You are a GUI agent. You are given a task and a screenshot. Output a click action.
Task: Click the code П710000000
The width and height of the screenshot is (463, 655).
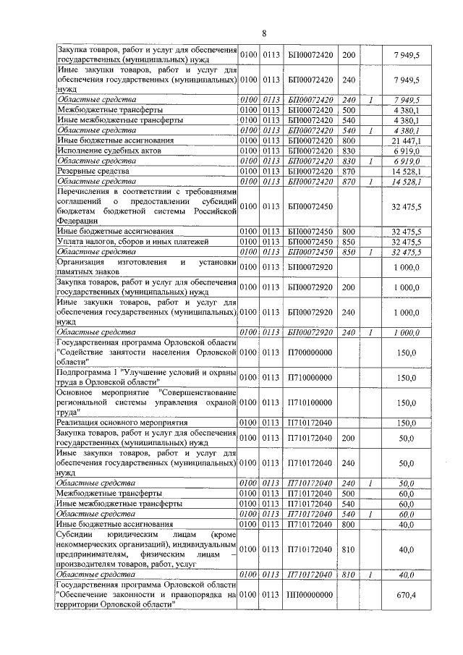pyautogui.click(x=310, y=377)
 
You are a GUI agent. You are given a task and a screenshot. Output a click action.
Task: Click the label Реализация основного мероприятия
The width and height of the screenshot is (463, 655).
pyautogui.click(x=122, y=422)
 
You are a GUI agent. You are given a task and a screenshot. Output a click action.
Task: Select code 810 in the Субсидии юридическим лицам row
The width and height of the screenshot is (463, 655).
pyautogui.click(x=348, y=550)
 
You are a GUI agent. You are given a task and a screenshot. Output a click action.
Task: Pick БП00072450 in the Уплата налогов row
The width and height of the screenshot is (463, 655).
pyautogui.click(x=310, y=241)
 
